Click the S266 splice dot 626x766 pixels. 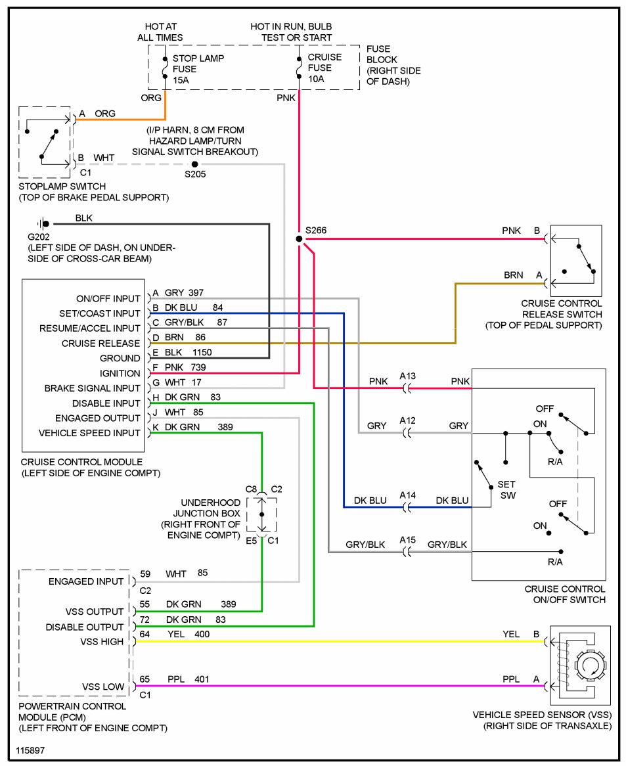[x=299, y=239]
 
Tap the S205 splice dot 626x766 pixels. [x=194, y=164]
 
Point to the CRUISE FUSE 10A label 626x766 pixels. [x=324, y=68]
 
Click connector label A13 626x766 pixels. [x=408, y=376]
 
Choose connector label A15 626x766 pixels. [x=408, y=540]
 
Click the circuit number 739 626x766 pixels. [x=199, y=367]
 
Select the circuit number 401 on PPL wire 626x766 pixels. [x=202, y=679]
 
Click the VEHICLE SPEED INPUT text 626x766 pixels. [x=89, y=433]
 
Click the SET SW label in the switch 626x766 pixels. [x=506, y=490]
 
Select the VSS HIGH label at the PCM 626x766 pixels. [x=102, y=642]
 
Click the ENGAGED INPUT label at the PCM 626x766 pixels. [x=85, y=581]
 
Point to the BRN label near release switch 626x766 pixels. [x=513, y=275]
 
